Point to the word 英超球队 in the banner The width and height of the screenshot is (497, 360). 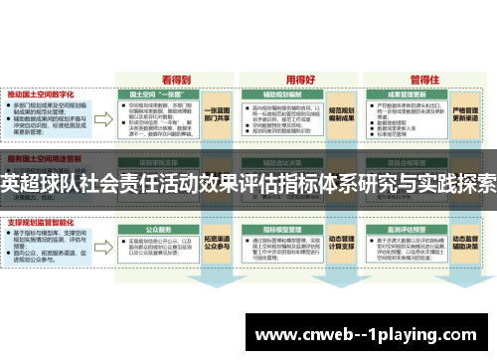(35, 183)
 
